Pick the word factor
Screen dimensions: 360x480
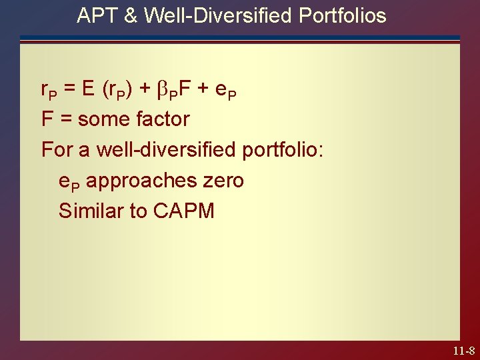[162, 119]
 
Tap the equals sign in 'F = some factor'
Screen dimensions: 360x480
[65, 119]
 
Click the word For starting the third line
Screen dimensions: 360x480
[55, 149]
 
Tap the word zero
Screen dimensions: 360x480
[222, 180]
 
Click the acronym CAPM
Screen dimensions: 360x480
[183, 211]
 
